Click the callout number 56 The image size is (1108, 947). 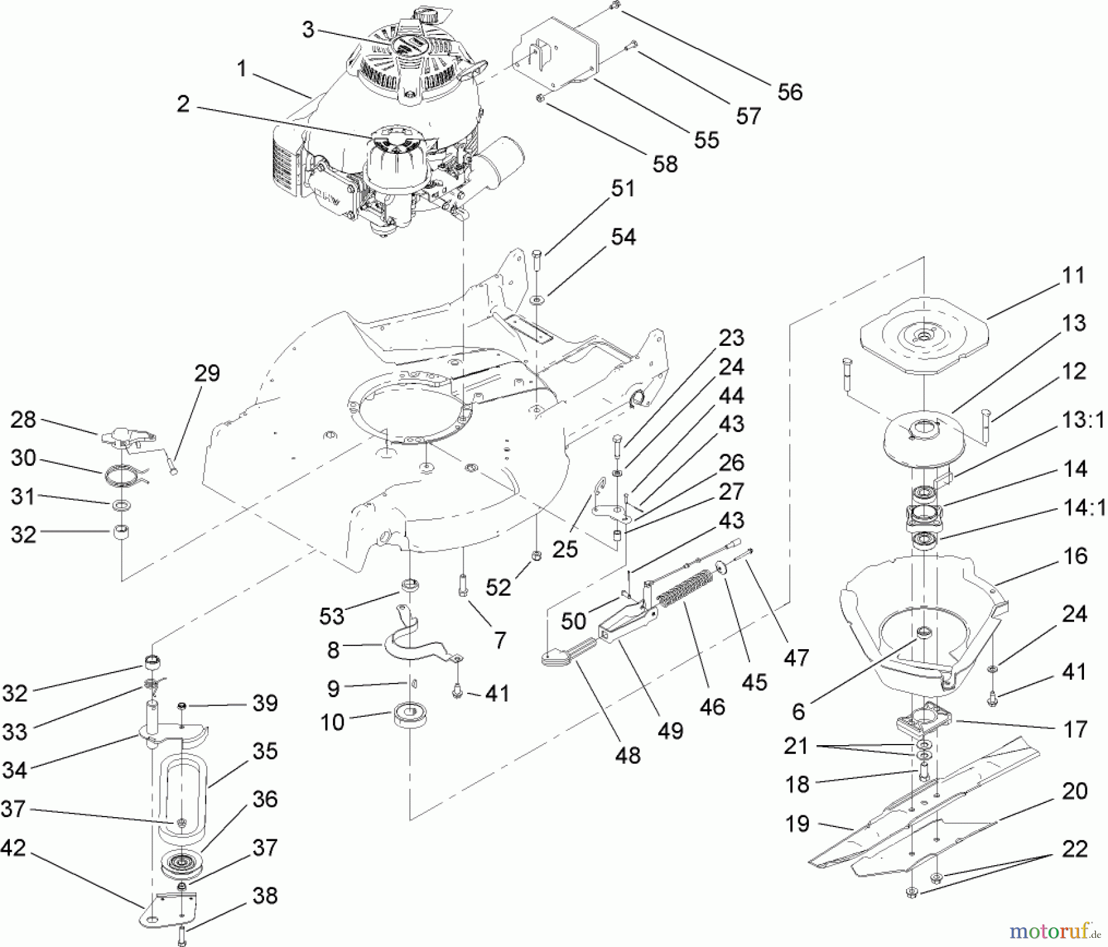tap(790, 92)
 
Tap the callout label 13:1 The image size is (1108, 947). tap(1082, 420)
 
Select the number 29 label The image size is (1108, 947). tap(207, 373)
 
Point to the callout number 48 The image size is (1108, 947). tap(627, 755)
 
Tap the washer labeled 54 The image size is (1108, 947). tap(537, 301)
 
